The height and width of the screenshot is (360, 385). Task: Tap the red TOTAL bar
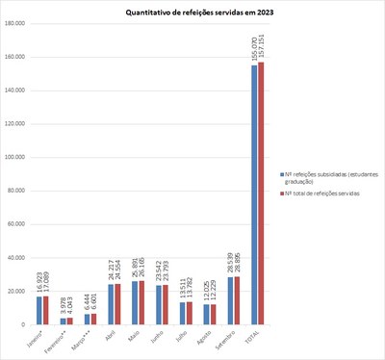(x=260, y=193)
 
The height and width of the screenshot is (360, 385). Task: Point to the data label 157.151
(x=261, y=45)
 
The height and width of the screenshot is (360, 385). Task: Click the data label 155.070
(x=254, y=47)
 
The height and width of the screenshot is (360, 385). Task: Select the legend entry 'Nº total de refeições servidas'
(x=326, y=193)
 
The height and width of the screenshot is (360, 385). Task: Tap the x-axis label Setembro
(x=227, y=339)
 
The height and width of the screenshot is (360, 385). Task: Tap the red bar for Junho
(x=166, y=305)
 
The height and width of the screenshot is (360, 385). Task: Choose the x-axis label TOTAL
(x=253, y=337)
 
